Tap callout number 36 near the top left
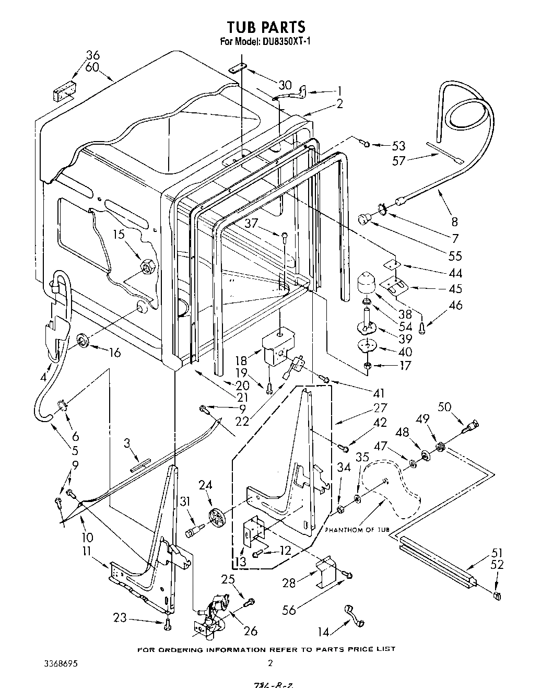pos(92,55)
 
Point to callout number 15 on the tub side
pos(119,235)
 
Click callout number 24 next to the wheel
pos(205,485)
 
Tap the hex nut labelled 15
pos(149,268)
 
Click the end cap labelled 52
pos(497,596)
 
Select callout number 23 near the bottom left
pos(120,618)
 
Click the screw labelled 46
pos(422,329)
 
